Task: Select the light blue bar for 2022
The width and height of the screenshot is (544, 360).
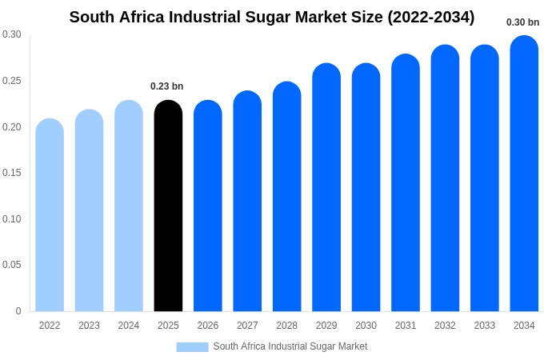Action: tap(50, 216)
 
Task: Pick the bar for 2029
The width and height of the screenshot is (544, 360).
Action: tap(326, 188)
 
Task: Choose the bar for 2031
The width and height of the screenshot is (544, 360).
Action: tap(406, 183)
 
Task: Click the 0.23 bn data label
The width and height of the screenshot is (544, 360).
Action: tap(167, 86)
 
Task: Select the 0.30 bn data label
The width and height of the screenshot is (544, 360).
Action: tap(522, 22)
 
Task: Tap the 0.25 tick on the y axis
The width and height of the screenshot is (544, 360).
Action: tap(12, 81)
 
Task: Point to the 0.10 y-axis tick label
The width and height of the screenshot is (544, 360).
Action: tap(12, 219)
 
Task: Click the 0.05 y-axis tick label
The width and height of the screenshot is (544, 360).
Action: tap(12, 265)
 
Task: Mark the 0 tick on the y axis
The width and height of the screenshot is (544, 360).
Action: tap(18, 311)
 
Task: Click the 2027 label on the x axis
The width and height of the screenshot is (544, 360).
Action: tap(247, 326)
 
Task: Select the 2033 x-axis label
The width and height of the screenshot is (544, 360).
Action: tap(485, 326)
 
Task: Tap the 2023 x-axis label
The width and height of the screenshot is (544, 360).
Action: tap(89, 326)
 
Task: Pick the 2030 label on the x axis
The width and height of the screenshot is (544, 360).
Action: tap(366, 326)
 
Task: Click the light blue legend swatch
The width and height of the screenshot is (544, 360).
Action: tap(192, 347)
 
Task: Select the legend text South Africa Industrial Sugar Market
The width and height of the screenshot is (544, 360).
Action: tap(290, 346)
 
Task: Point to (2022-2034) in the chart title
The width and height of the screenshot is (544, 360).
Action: tap(430, 17)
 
